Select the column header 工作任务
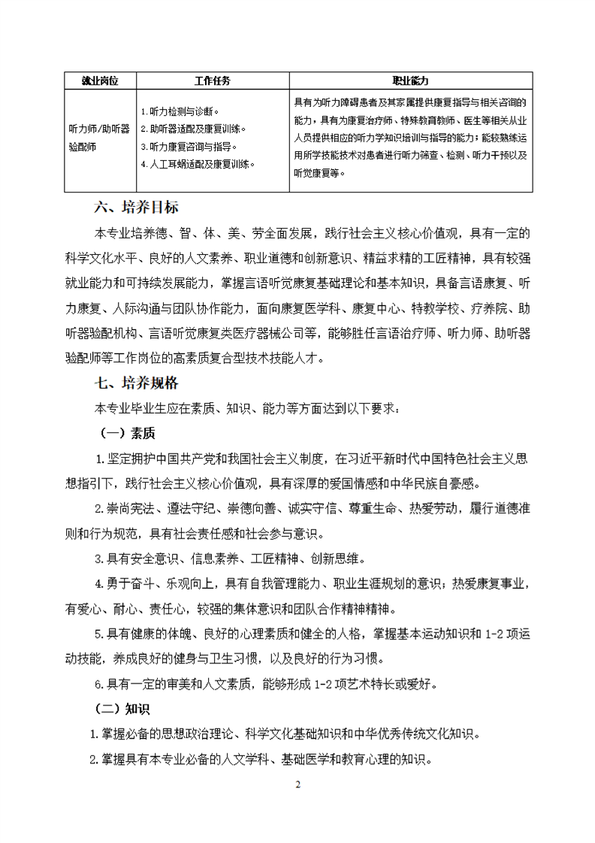[213, 80]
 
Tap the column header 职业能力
[410, 80]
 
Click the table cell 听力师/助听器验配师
[99, 138]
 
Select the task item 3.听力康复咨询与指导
[189, 146]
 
